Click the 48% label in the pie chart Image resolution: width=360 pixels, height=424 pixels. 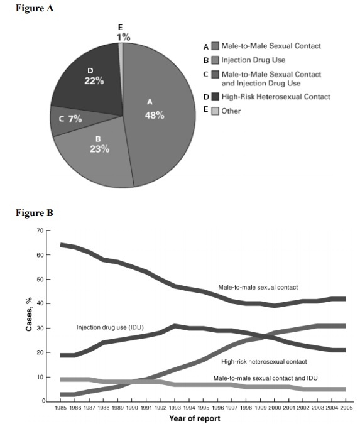[x=155, y=116]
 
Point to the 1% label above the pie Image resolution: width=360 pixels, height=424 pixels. [x=123, y=37]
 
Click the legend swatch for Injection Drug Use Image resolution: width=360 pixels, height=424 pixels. [x=215, y=60]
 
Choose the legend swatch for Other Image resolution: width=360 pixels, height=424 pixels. [x=215, y=111]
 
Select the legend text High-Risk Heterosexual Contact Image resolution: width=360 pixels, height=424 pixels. [x=276, y=97]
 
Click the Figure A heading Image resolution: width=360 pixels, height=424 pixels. [x=35, y=8]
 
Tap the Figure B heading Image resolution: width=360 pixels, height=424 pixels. [x=35, y=213]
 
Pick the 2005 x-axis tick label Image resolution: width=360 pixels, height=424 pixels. [x=346, y=408]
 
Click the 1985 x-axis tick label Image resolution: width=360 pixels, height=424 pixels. [x=60, y=408]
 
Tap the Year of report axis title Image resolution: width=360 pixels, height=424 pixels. [x=195, y=418]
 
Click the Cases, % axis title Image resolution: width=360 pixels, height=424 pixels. [x=29, y=314]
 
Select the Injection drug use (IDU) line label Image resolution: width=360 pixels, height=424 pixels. [x=110, y=327]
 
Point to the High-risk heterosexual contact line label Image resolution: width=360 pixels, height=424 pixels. [x=264, y=362]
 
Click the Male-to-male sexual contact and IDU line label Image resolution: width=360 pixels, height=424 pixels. [x=266, y=378]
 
